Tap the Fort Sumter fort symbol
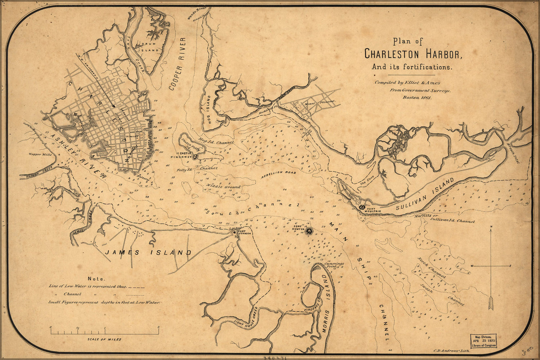pos(308,231)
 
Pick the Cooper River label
pos(176,63)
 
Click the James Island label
pos(148,253)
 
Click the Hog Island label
pos(209,110)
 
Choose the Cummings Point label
pos(334,265)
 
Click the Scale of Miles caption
pos(104,339)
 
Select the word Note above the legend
pos(96,279)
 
